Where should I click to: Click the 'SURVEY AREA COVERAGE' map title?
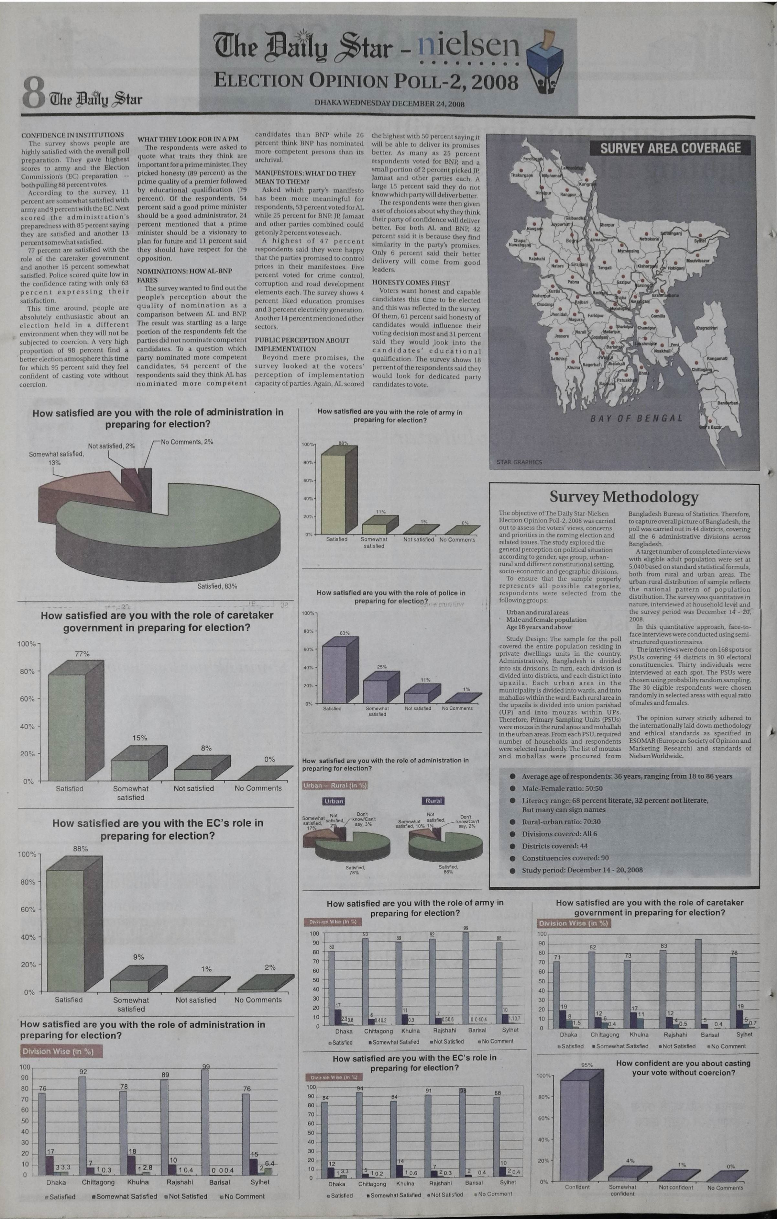(670, 148)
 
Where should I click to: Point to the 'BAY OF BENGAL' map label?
(636, 418)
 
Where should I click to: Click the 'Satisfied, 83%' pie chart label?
(217, 586)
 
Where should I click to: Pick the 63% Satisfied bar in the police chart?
(334, 674)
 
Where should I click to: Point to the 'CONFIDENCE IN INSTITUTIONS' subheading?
(72, 135)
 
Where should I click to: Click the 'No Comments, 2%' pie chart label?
(187, 442)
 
